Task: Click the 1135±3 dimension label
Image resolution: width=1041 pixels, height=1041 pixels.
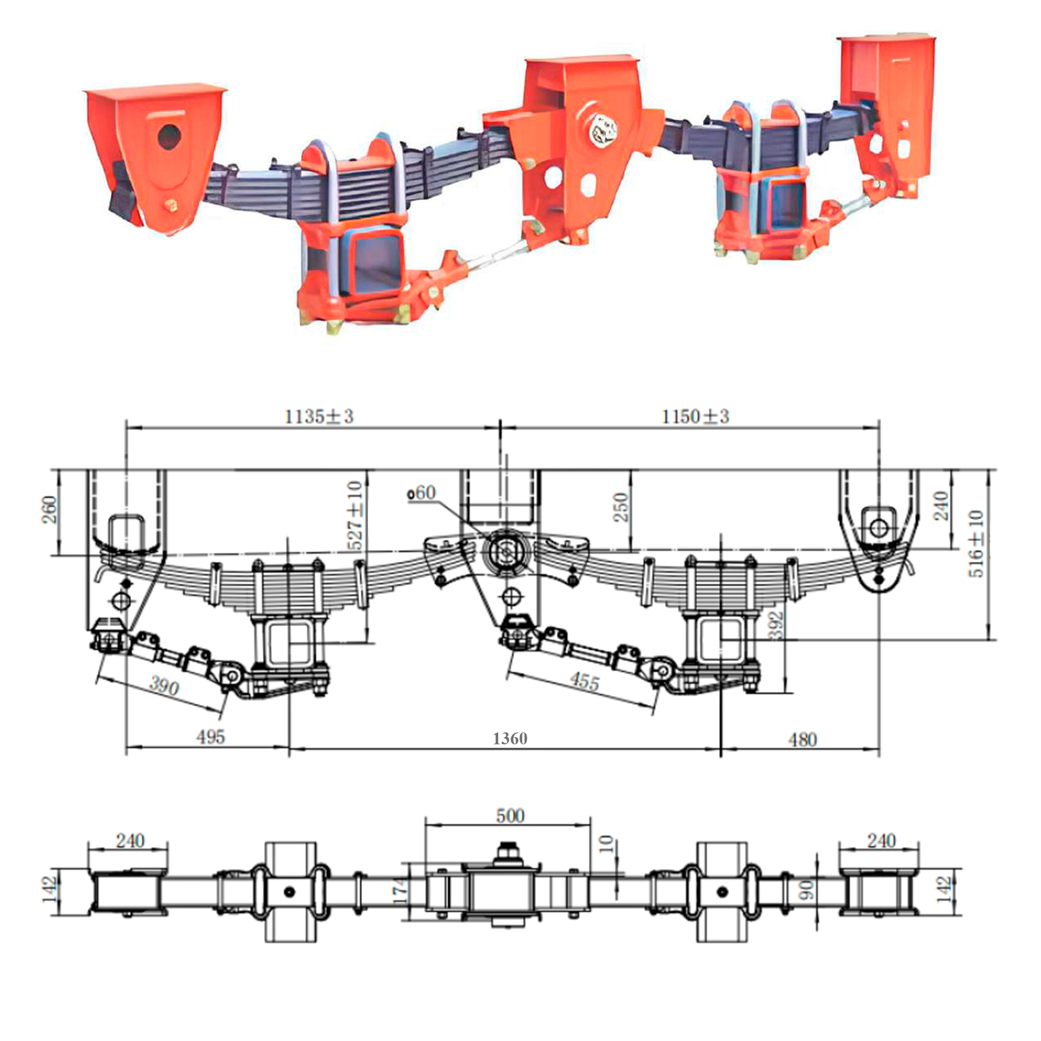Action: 319,416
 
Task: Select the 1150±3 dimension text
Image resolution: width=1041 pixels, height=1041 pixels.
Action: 695,416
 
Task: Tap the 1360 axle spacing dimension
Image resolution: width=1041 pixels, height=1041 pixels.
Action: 510,738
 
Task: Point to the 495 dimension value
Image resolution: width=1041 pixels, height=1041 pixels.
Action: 210,737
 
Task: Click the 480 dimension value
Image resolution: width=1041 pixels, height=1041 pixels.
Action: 802,739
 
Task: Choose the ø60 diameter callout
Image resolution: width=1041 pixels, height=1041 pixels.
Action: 422,492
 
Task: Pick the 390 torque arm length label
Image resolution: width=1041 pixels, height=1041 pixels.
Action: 164,685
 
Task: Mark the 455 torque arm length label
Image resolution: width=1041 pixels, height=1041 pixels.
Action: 584,682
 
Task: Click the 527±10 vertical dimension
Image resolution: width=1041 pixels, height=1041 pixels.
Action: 355,515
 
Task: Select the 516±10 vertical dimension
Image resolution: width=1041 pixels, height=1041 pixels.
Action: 976,544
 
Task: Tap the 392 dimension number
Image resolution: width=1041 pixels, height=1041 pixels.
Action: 777,625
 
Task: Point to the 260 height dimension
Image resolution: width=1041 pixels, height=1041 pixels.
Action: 49,509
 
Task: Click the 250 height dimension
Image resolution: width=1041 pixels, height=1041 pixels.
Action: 621,507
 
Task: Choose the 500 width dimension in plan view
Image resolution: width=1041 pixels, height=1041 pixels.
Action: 510,815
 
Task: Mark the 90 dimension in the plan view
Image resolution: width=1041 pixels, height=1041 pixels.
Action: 807,890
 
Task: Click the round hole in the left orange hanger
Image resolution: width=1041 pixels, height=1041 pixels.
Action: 170,137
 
